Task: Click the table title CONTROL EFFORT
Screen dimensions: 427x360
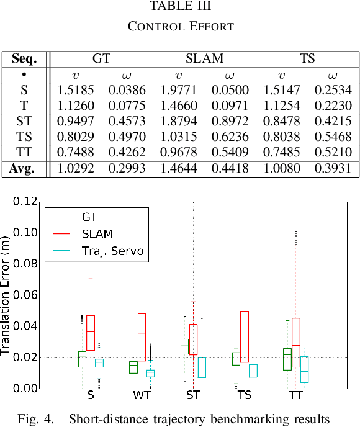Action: pos(180,27)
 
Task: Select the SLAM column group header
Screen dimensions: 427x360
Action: pos(204,60)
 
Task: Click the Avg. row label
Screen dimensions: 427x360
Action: pos(24,168)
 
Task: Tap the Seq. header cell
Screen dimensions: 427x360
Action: pos(24,60)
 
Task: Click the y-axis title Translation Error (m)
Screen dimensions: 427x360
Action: pos(6,295)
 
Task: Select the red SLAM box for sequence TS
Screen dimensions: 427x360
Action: pos(245,337)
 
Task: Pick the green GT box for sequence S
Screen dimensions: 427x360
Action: pos(82,359)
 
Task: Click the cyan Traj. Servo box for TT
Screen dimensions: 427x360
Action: pos(304,369)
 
